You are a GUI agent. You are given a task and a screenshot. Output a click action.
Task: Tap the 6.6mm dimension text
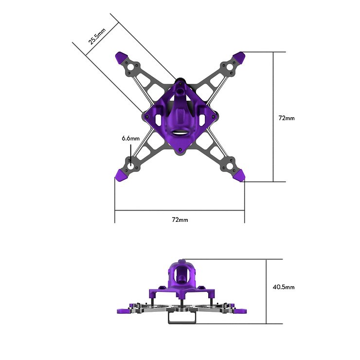tap(130, 138)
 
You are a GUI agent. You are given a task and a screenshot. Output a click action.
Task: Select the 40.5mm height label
tap(283, 287)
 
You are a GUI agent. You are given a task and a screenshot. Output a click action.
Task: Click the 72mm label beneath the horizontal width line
tap(180, 219)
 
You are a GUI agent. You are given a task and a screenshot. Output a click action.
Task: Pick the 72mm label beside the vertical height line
tap(286, 118)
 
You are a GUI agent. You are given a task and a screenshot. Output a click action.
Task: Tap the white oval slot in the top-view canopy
tap(180, 132)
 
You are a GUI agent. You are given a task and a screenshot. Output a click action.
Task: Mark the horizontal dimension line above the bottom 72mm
tap(180, 210)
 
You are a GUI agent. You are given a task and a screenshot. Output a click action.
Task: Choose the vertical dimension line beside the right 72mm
tap(273, 117)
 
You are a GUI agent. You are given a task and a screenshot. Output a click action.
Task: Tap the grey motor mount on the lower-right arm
tap(228, 164)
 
